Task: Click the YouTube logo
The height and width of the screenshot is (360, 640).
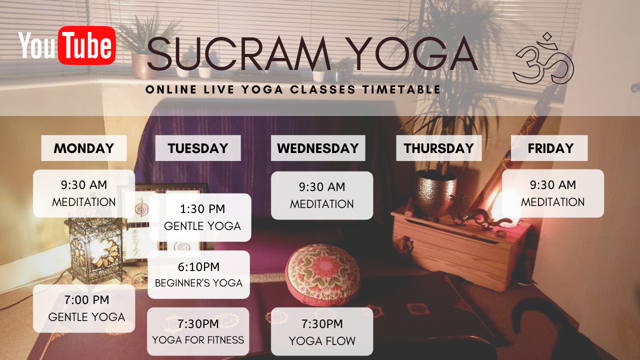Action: [x=67, y=45]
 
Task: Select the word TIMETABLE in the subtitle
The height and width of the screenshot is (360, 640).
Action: [x=401, y=89]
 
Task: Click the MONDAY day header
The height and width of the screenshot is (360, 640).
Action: [x=84, y=148]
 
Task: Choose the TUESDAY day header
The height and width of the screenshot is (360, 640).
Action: [x=198, y=148]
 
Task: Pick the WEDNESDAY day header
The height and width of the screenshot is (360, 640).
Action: [x=318, y=148]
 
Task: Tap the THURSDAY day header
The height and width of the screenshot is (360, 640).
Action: [x=439, y=148]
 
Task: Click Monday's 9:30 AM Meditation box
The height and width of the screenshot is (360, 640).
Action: [x=84, y=193]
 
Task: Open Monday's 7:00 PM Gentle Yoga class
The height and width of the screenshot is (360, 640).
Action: [x=84, y=308]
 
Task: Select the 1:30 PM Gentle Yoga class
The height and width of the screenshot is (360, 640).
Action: [x=200, y=217]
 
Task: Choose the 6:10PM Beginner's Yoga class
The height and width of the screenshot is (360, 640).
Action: [x=199, y=274]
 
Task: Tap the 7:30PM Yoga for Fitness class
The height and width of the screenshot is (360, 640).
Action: [x=198, y=331]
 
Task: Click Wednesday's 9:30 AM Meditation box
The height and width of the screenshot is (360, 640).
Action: [x=322, y=195]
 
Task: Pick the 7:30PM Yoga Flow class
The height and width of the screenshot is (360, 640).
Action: [x=322, y=331]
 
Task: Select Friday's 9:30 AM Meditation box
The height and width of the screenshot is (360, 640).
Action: [x=553, y=193]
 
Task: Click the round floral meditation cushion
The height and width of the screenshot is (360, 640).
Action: [x=321, y=275]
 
